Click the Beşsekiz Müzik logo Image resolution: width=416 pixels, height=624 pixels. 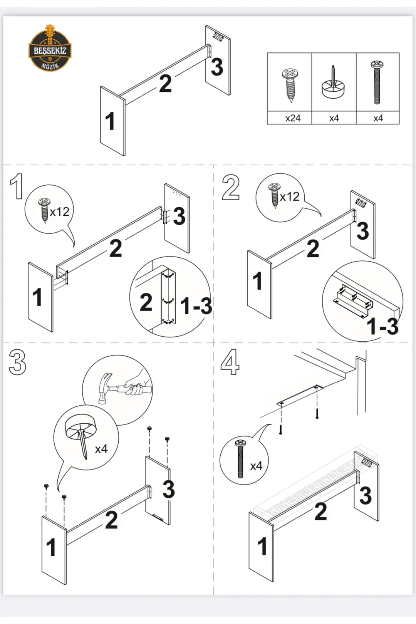click(50, 49)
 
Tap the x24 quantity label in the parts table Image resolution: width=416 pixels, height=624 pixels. click(293, 118)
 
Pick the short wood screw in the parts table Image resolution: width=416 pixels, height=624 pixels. click(290, 85)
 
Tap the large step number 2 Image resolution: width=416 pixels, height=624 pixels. click(230, 188)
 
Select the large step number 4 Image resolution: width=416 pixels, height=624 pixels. click(230, 362)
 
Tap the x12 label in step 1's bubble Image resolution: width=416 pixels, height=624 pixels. click(60, 212)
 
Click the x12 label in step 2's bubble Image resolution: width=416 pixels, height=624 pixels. click(290, 197)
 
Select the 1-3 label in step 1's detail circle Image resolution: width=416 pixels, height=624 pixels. click(196, 306)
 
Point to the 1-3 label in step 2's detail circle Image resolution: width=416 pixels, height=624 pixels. click(382, 326)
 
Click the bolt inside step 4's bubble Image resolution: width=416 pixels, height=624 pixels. click(241, 458)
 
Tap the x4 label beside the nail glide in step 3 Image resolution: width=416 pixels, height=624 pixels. click(101, 449)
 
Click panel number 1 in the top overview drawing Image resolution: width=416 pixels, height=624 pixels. click(110, 121)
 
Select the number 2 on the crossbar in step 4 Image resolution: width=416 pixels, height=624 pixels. click(320, 512)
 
